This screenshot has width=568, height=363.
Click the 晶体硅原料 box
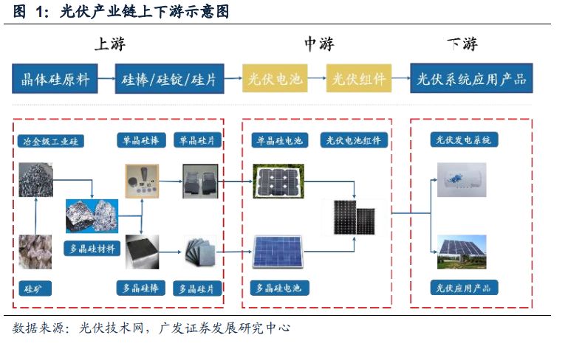point(55,79)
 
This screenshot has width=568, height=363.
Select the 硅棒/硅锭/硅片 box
point(170,79)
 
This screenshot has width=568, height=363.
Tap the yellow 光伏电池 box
point(275,78)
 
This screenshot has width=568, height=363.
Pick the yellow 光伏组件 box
point(359,78)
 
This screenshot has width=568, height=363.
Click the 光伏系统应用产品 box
point(471,78)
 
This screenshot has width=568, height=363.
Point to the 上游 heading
point(110,44)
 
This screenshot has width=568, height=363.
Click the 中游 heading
point(319,44)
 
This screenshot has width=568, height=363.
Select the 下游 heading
point(462,44)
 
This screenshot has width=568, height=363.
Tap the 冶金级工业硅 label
point(51,141)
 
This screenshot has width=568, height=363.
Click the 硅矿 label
point(35,288)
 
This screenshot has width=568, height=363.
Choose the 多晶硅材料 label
point(92,249)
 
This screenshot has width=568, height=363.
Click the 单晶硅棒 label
point(141,140)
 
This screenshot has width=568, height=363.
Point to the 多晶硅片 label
point(197,288)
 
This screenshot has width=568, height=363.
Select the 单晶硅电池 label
point(280,140)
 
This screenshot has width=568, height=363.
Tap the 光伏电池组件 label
point(354,140)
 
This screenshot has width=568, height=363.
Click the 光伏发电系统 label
point(464,139)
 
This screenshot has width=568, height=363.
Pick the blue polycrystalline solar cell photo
point(278,252)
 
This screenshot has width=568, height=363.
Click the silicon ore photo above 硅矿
point(35,252)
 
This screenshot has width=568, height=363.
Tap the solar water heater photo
point(462,180)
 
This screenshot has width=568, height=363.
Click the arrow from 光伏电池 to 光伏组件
point(317,77)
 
